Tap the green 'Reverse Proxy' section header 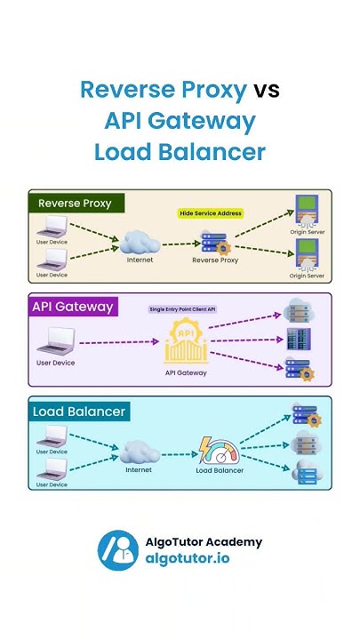tap(76, 203)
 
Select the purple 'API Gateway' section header tap(73, 307)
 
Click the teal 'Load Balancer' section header tap(79, 412)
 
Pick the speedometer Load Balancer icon tap(220, 449)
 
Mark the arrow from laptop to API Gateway tap(120, 342)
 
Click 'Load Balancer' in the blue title tap(180, 151)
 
